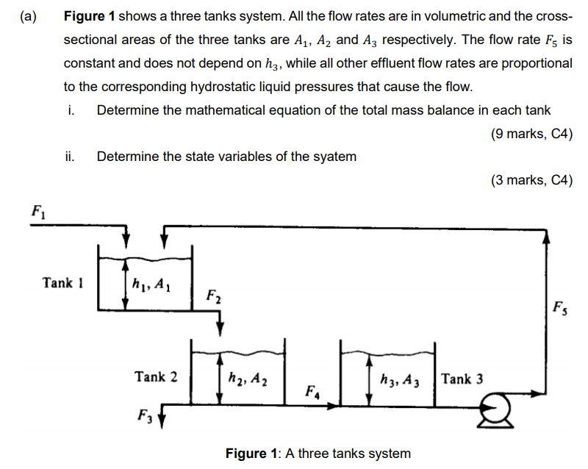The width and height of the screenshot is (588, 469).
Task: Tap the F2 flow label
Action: tap(212, 299)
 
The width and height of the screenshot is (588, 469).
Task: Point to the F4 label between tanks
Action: tap(312, 390)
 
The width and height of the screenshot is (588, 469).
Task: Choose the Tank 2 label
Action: tap(156, 377)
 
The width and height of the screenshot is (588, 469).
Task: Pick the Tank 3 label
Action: tap(462, 379)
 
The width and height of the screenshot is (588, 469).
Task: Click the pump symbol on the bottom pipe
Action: tap(489, 406)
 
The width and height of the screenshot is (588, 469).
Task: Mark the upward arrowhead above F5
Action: tap(546, 236)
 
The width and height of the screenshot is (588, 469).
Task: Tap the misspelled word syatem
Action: tap(334, 156)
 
